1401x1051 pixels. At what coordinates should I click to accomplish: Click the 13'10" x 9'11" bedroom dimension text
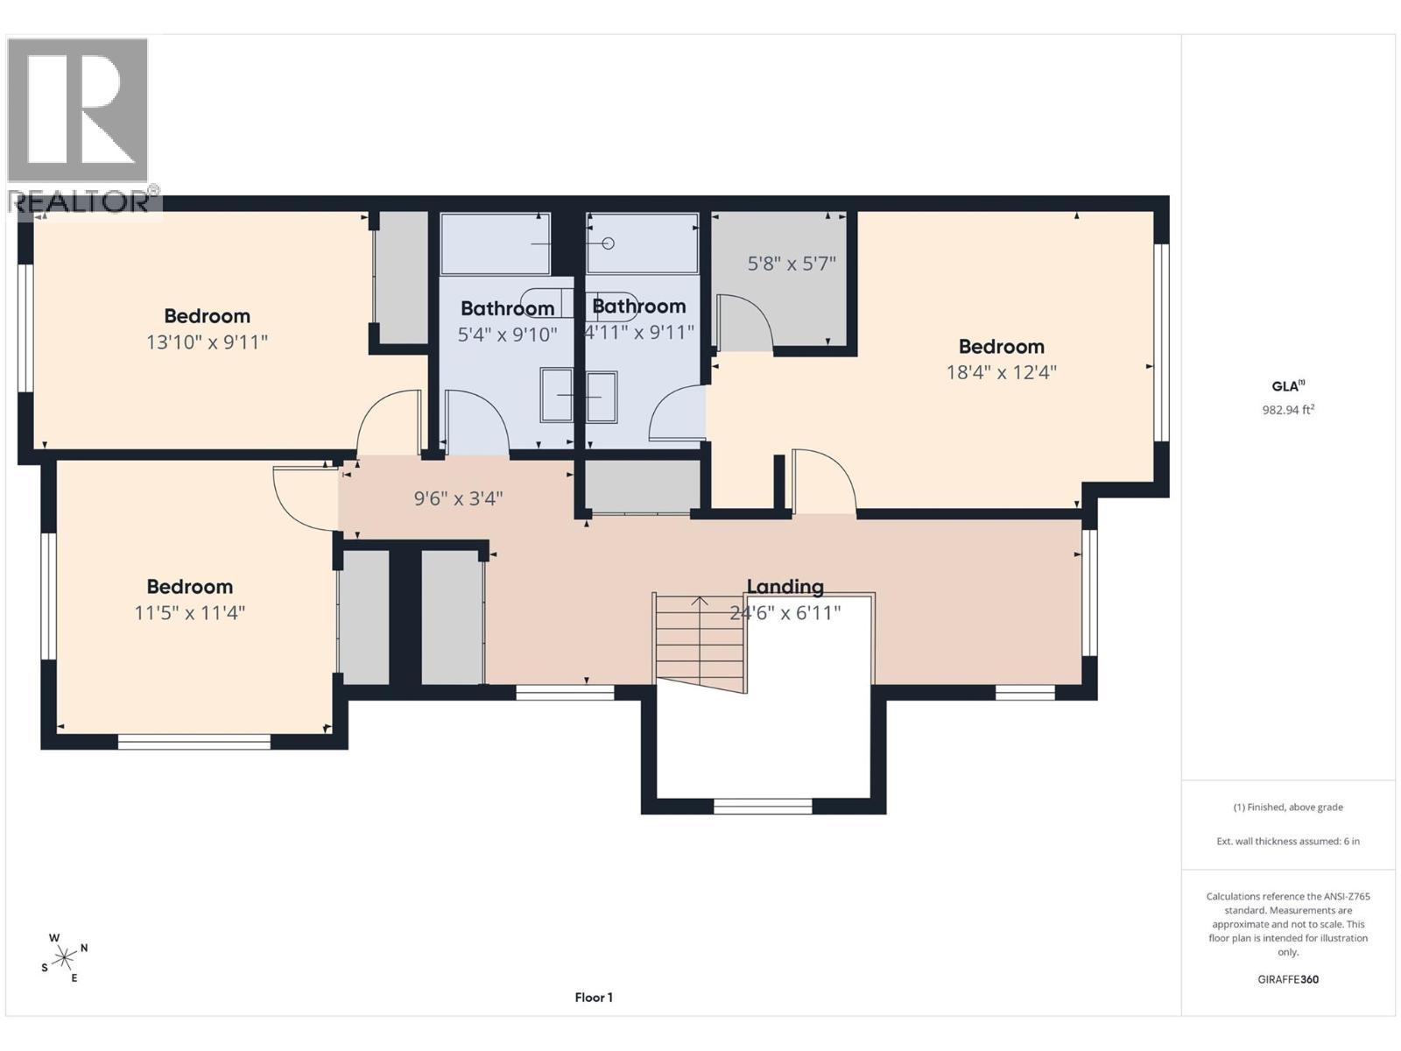click(x=207, y=342)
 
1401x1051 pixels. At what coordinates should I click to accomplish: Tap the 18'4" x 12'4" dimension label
click(x=1002, y=372)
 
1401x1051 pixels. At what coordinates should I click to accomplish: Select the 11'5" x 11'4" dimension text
click(x=189, y=612)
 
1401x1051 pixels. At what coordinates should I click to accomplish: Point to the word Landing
click(x=785, y=587)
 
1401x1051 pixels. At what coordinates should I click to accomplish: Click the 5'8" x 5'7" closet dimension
click(x=792, y=263)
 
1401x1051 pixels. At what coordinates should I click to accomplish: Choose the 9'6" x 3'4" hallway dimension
click(x=458, y=497)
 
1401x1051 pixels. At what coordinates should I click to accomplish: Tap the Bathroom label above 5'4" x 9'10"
click(x=507, y=308)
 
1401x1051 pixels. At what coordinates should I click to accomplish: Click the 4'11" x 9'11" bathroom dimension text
click(x=639, y=332)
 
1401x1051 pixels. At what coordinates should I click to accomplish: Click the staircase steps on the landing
click(x=700, y=643)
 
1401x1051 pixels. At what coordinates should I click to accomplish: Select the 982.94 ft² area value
click(x=1288, y=410)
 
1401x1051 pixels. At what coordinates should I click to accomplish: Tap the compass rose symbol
click(x=64, y=956)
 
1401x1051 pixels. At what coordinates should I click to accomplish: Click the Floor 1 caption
click(x=594, y=998)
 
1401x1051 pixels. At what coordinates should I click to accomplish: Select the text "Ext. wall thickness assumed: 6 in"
click(x=1288, y=841)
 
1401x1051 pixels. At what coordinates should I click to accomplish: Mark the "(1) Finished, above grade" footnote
click(x=1288, y=808)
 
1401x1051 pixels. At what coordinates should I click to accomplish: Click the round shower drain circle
click(x=609, y=243)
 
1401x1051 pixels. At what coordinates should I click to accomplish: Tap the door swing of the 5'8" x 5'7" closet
click(x=745, y=322)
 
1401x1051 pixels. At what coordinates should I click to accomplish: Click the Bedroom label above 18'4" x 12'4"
click(x=1002, y=347)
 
